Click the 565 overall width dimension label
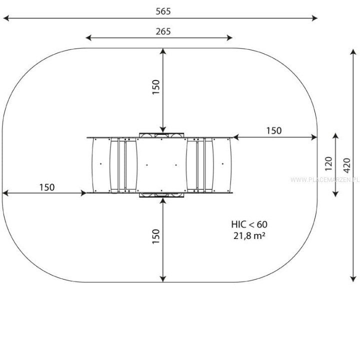(163, 11)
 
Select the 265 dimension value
(163, 31)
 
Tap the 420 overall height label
(347, 165)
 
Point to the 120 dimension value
(329, 163)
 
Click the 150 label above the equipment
(156, 87)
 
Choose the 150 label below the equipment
(156, 236)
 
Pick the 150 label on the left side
(47, 187)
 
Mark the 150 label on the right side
(273, 130)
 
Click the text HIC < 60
(249, 224)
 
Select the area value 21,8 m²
(249, 235)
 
